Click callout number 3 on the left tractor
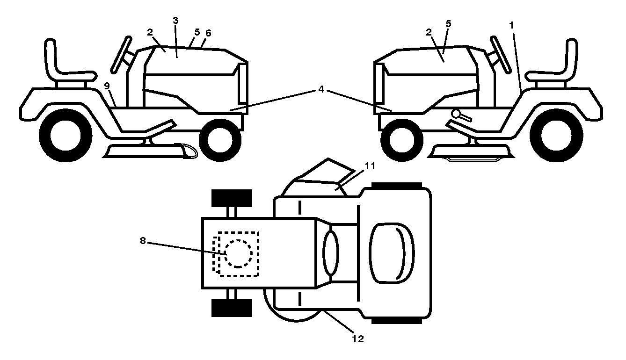[x=175, y=21]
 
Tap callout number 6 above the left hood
[x=208, y=33]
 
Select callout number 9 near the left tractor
[x=107, y=86]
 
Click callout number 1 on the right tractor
[x=511, y=25]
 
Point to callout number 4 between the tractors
[x=321, y=89]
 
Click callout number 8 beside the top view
[x=143, y=240]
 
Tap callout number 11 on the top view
[x=370, y=166]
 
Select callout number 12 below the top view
[x=358, y=339]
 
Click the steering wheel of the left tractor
[x=121, y=55]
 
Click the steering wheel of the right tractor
[x=501, y=55]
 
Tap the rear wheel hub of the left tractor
[x=66, y=136]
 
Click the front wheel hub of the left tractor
[x=220, y=140]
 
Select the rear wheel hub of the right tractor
[x=556, y=136]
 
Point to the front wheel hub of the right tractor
[x=401, y=140]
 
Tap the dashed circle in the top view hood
[x=239, y=253]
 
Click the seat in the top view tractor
[x=392, y=253]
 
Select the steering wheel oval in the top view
[x=331, y=253]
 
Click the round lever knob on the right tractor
[x=456, y=114]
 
